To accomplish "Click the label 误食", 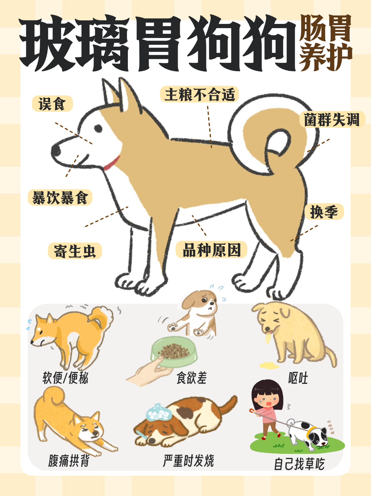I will pyautogui.click(x=52, y=104).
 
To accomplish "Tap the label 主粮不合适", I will pyautogui.click(x=199, y=94).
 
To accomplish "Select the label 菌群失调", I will pyautogui.click(x=332, y=120).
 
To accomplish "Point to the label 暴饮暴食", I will pyautogui.click(x=60, y=198).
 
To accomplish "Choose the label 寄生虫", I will pyautogui.click(x=75, y=251).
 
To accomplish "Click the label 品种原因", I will pyautogui.click(x=211, y=250).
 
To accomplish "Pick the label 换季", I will pyautogui.click(x=324, y=212).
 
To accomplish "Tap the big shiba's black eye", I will pyautogui.click(x=98, y=128).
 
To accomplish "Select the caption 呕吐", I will pyautogui.click(x=298, y=378).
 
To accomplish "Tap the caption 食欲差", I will pyautogui.click(x=191, y=378).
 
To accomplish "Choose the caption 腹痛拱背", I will pyautogui.click(x=69, y=460).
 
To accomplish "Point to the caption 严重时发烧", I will pyautogui.click(x=188, y=460).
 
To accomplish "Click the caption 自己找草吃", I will pyautogui.click(x=299, y=464).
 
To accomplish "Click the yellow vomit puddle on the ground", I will pyautogui.click(x=269, y=365).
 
